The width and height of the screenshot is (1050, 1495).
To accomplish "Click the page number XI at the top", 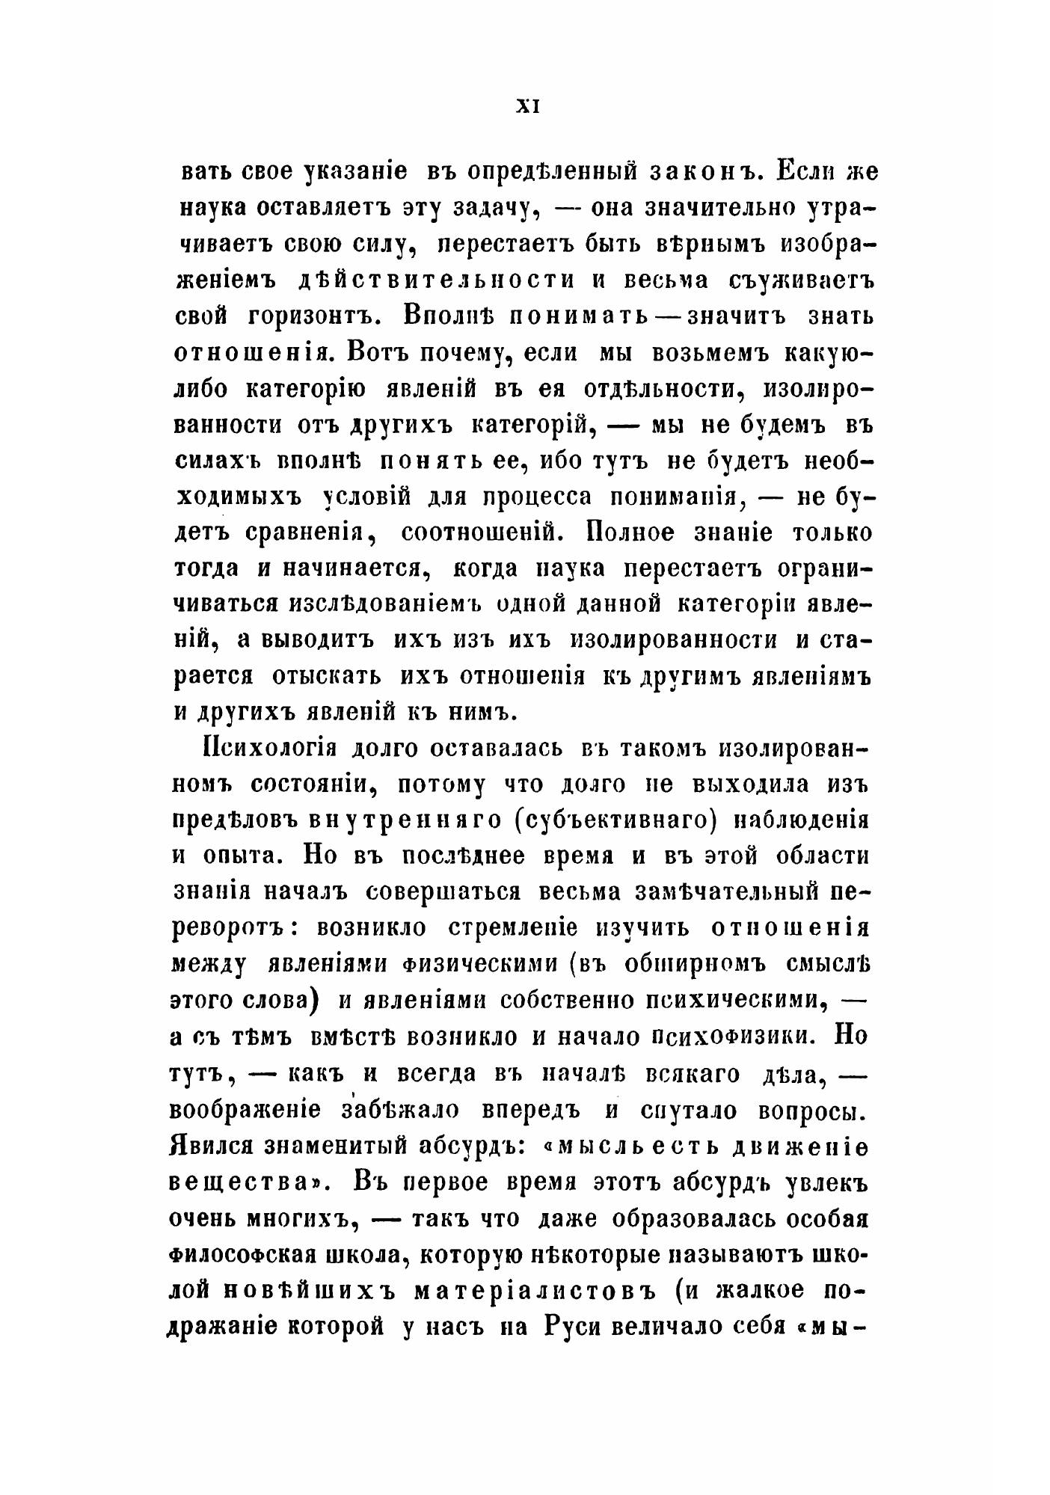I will click(x=528, y=107).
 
